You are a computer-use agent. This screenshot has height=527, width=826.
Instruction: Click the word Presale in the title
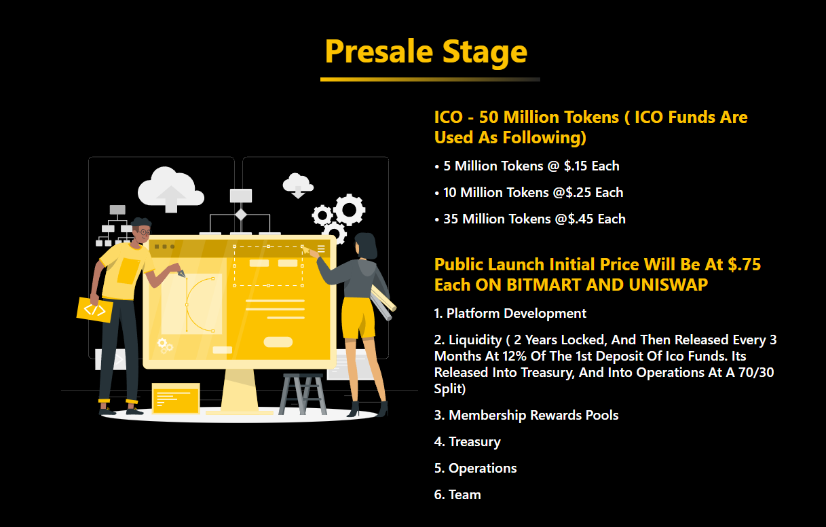[x=379, y=52]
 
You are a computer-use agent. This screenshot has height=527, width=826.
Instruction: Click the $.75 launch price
[x=744, y=265]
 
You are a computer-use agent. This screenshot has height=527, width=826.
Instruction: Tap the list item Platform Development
[x=510, y=314]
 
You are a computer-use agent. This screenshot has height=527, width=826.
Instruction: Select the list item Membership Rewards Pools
[x=526, y=416]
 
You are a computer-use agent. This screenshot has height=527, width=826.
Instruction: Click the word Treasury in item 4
[x=474, y=442]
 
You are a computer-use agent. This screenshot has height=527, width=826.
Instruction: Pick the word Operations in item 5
[x=483, y=469]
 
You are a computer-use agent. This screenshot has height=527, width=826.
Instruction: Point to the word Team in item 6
[x=465, y=495]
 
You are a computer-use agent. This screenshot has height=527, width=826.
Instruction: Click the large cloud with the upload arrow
[x=171, y=189]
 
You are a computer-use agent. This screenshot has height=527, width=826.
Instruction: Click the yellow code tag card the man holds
[x=95, y=310]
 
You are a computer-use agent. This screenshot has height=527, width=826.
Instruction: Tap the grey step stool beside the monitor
[x=303, y=394]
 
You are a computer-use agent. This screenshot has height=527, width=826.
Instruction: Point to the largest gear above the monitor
[x=349, y=210]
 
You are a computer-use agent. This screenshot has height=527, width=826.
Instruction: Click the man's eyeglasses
[x=144, y=232]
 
